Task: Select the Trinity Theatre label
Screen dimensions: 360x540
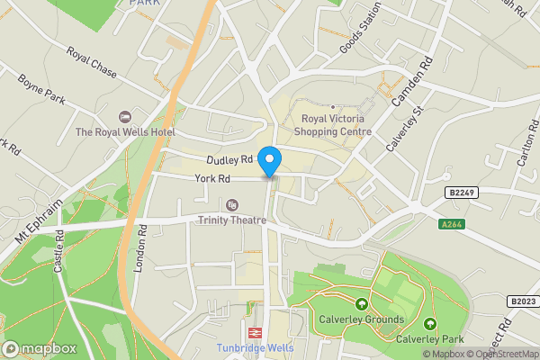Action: click(x=232, y=220)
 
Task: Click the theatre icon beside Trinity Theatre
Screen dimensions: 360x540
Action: click(x=232, y=205)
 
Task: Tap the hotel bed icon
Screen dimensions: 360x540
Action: click(x=124, y=117)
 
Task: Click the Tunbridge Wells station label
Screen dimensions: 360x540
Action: click(x=255, y=348)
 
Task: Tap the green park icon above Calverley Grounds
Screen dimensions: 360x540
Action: click(x=361, y=303)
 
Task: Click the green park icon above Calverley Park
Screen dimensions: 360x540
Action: click(x=430, y=324)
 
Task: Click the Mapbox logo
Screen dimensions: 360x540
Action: click(x=39, y=348)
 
